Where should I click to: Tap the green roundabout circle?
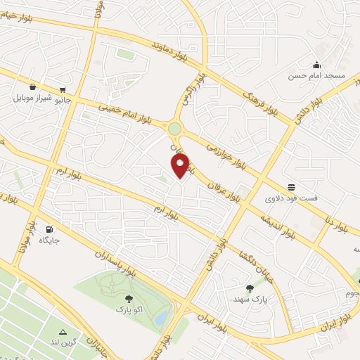174,129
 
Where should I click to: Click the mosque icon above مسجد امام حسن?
317,65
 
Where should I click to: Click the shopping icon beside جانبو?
64,90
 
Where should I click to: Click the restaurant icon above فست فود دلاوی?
291,188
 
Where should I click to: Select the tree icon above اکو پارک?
127,300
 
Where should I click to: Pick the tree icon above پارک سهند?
250,288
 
